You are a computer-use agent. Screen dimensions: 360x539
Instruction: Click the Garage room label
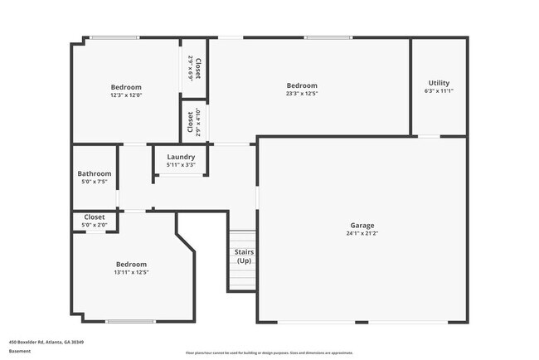[x=362, y=226]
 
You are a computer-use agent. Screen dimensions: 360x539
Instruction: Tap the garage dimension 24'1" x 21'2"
[x=362, y=234]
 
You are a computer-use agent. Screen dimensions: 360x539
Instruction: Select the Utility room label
[x=439, y=83]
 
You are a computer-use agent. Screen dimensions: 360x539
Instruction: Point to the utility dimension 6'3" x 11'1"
[x=439, y=91]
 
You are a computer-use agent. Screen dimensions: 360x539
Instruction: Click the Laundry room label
[x=181, y=157]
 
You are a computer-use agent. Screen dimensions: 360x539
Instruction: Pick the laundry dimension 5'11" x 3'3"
[x=181, y=165]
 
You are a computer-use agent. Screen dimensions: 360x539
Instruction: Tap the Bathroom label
[x=95, y=174]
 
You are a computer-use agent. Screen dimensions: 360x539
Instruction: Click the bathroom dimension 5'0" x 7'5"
[x=95, y=182]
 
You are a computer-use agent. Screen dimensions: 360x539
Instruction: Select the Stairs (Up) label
[x=244, y=256]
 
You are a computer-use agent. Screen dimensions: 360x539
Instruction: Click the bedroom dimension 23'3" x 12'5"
[x=302, y=94]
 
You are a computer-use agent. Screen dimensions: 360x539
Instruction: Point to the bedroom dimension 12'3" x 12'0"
[x=126, y=95]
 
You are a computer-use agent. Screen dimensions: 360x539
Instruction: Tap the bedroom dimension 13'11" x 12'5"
[x=131, y=272]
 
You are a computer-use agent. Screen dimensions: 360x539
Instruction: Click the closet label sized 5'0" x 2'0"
[x=95, y=216]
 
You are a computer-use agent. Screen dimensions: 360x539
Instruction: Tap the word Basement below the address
[x=21, y=351]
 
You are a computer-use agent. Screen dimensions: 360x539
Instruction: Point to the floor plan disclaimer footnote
[x=269, y=352]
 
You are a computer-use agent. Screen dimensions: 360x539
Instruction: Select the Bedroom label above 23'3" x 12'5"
[x=302, y=85]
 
